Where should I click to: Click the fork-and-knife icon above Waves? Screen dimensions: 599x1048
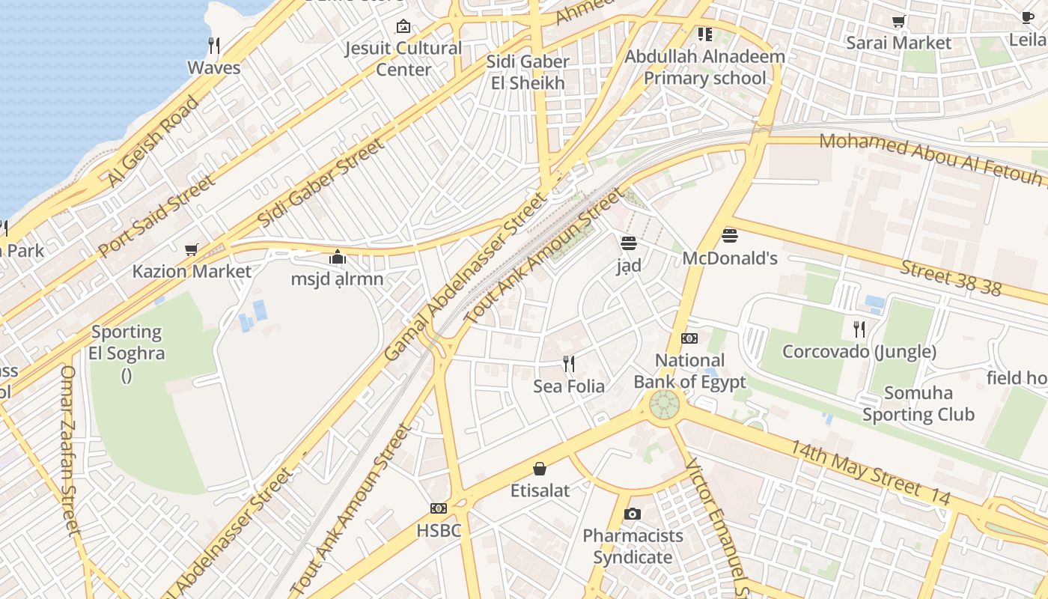(214, 46)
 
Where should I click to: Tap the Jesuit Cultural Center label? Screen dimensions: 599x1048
(403, 58)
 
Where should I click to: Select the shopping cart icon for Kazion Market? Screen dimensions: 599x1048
(192, 249)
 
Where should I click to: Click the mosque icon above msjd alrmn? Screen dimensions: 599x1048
(338, 258)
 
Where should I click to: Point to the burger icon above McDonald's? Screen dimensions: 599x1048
(730, 237)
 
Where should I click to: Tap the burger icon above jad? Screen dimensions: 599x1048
(628, 243)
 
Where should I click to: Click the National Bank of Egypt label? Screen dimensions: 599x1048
(689, 371)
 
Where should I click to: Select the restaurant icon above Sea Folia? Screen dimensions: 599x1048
(569, 364)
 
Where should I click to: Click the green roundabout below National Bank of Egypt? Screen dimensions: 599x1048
(664, 405)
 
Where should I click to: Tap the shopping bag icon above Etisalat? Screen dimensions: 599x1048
(540, 469)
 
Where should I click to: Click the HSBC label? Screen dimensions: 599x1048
(439, 530)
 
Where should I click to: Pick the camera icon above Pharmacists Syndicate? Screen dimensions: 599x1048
(633, 514)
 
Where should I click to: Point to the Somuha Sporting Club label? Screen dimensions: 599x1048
(918, 404)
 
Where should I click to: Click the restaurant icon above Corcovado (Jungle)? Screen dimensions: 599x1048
(859, 329)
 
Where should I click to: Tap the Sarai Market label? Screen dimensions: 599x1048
(898, 43)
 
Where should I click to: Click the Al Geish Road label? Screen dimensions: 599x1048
(153, 140)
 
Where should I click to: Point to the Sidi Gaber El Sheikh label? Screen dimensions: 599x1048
(528, 72)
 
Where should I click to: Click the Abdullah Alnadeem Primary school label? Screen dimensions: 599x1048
(704, 67)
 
